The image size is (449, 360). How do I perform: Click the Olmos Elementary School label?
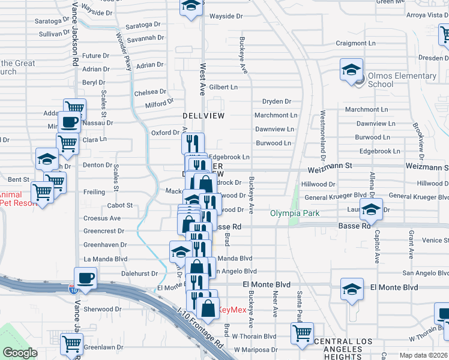(402, 80)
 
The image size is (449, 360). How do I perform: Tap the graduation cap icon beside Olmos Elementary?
(351, 70)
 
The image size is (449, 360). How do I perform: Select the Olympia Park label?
(294, 213)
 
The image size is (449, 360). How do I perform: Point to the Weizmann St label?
(330, 164)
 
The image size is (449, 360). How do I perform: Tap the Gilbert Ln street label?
(223, 87)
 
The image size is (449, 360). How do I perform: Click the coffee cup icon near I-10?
(85, 278)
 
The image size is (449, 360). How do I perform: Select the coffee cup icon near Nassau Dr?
(69, 122)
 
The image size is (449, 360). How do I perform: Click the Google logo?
(20, 353)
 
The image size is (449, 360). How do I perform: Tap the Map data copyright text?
(424, 355)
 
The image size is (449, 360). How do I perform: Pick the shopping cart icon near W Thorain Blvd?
(302, 333)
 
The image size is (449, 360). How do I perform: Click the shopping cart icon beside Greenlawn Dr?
(71, 344)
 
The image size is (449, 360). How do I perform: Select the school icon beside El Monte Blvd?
(352, 289)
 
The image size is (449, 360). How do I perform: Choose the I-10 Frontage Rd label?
(200, 329)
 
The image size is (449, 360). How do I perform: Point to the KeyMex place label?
(231, 310)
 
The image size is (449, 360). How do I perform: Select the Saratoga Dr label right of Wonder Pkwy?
(145, 25)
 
